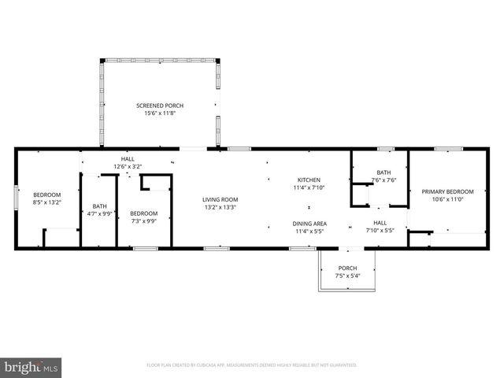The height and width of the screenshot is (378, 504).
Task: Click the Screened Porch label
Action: tap(159, 106)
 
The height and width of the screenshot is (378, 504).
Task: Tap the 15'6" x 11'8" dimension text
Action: tap(159, 113)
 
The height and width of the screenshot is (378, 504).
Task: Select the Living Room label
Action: tap(220, 199)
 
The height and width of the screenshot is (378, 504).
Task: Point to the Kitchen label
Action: tap(309, 180)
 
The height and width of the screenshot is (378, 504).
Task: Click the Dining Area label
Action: tap(310, 224)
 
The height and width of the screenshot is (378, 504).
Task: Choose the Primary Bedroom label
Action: tap(447, 191)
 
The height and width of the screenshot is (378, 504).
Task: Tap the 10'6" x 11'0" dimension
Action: tap(447, 199)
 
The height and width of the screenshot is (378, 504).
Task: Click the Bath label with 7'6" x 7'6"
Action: tap(384, 172)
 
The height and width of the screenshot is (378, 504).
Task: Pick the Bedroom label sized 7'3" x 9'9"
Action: tap(143, 213)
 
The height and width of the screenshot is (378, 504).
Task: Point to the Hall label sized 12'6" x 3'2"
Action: tap(128, 158)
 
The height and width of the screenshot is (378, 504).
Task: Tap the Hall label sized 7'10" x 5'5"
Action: tap(380, 224)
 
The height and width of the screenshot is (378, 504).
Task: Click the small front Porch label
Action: tap(347, 269)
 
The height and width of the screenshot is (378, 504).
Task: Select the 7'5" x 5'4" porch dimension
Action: tap(347, 276)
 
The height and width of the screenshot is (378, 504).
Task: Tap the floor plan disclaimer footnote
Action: tap(252, 365)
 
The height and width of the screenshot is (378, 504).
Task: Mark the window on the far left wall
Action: tap(17, 198)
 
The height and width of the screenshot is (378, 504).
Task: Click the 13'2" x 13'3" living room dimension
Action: tap(220, 208)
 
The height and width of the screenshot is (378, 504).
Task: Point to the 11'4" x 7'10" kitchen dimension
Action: tap(309, 187)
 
